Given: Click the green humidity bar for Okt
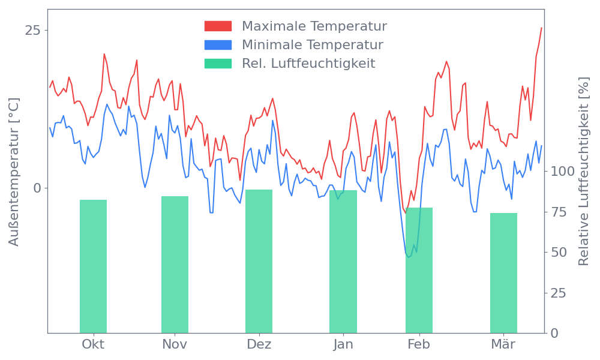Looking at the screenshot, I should coord(93,266).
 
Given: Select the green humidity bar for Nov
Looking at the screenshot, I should coord(175,265).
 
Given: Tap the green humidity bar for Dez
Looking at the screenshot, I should coord(259,261).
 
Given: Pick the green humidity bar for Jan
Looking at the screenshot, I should coord(343,262).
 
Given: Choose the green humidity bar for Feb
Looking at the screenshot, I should coord(419,270).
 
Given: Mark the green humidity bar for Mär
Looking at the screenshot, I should coord(503,273).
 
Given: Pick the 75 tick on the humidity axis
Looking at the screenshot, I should coord(559,212).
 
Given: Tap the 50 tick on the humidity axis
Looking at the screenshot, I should coord(559,252).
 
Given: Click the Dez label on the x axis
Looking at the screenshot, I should coord(259,344).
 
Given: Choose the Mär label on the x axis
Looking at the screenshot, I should coord(503,344).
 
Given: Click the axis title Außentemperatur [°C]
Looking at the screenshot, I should coord(14,172).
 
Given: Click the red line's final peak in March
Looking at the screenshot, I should coord(541,28).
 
